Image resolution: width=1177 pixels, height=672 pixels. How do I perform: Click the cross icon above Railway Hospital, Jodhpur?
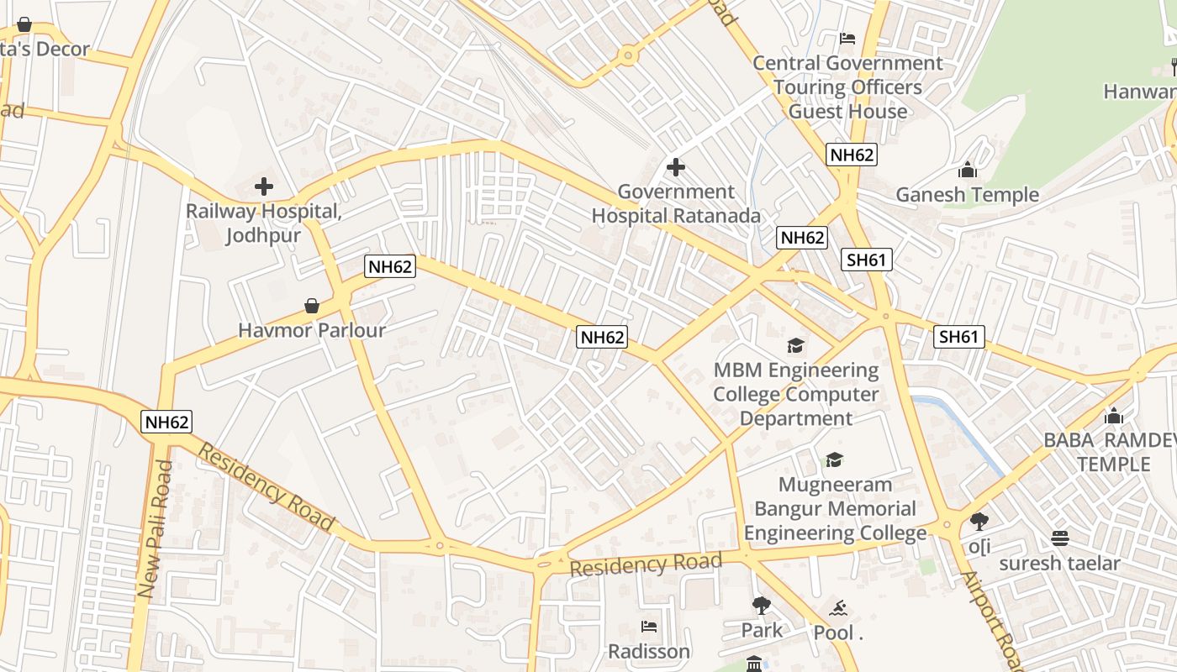pos(264,186)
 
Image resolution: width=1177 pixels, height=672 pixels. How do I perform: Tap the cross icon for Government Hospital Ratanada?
pos(675,167)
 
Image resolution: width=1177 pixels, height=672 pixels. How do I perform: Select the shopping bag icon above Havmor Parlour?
pos(312,306)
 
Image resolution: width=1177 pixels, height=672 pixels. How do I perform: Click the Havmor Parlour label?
pos(312,330)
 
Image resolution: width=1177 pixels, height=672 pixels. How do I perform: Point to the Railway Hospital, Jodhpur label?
pos(263,223)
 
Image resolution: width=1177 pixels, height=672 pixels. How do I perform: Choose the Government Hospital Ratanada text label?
pos(676,204)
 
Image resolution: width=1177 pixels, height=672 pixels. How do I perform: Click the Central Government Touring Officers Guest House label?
pos(847,87)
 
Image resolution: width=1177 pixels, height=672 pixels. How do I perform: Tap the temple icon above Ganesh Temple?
pos(968,170)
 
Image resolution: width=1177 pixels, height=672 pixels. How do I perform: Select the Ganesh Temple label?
pos(967,195)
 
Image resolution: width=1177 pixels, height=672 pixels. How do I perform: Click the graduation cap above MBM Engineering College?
pos(795,345)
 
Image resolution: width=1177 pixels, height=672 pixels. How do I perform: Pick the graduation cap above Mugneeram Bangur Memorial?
pos(834,459)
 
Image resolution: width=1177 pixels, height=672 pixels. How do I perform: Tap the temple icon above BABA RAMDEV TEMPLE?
pos(1114,416)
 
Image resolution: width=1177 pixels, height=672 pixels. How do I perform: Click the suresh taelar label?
pos(1059,563)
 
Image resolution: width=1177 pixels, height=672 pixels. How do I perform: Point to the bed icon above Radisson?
pos(649,627)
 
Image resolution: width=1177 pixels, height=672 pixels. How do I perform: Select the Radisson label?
pos(649,652)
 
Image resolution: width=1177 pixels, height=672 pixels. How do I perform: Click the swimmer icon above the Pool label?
pos(837,608)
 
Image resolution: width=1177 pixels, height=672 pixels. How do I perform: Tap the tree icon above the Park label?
pos(762,605)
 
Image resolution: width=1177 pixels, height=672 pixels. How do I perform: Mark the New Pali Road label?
pos(156,529)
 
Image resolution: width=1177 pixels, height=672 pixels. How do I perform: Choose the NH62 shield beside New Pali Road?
pos(167,422)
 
